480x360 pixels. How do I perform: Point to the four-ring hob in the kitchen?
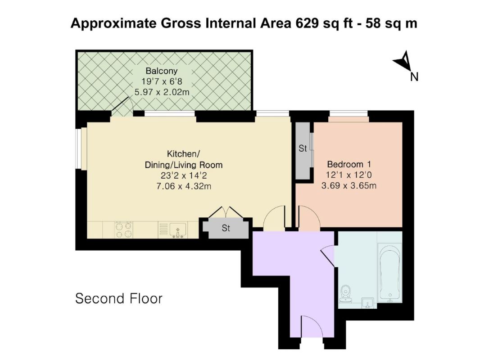point(124,229)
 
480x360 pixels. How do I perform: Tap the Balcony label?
point(161,71)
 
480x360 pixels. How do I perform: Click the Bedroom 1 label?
point(349,164)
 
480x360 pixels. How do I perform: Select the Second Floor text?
point(119,298)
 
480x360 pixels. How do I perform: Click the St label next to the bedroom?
point(303,148)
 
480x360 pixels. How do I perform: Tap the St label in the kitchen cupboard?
point(226,228)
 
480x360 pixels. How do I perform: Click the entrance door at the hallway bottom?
point(312,327)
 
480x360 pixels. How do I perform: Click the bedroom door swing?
point(309,217)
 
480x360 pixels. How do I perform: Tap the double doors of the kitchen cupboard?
point(226,212)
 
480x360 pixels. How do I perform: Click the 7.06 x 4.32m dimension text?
point(184,186)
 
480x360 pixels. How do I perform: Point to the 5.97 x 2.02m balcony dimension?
point(162,92)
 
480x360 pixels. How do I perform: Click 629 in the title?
point(307,23)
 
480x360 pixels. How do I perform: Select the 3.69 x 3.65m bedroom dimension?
point(349,185)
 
